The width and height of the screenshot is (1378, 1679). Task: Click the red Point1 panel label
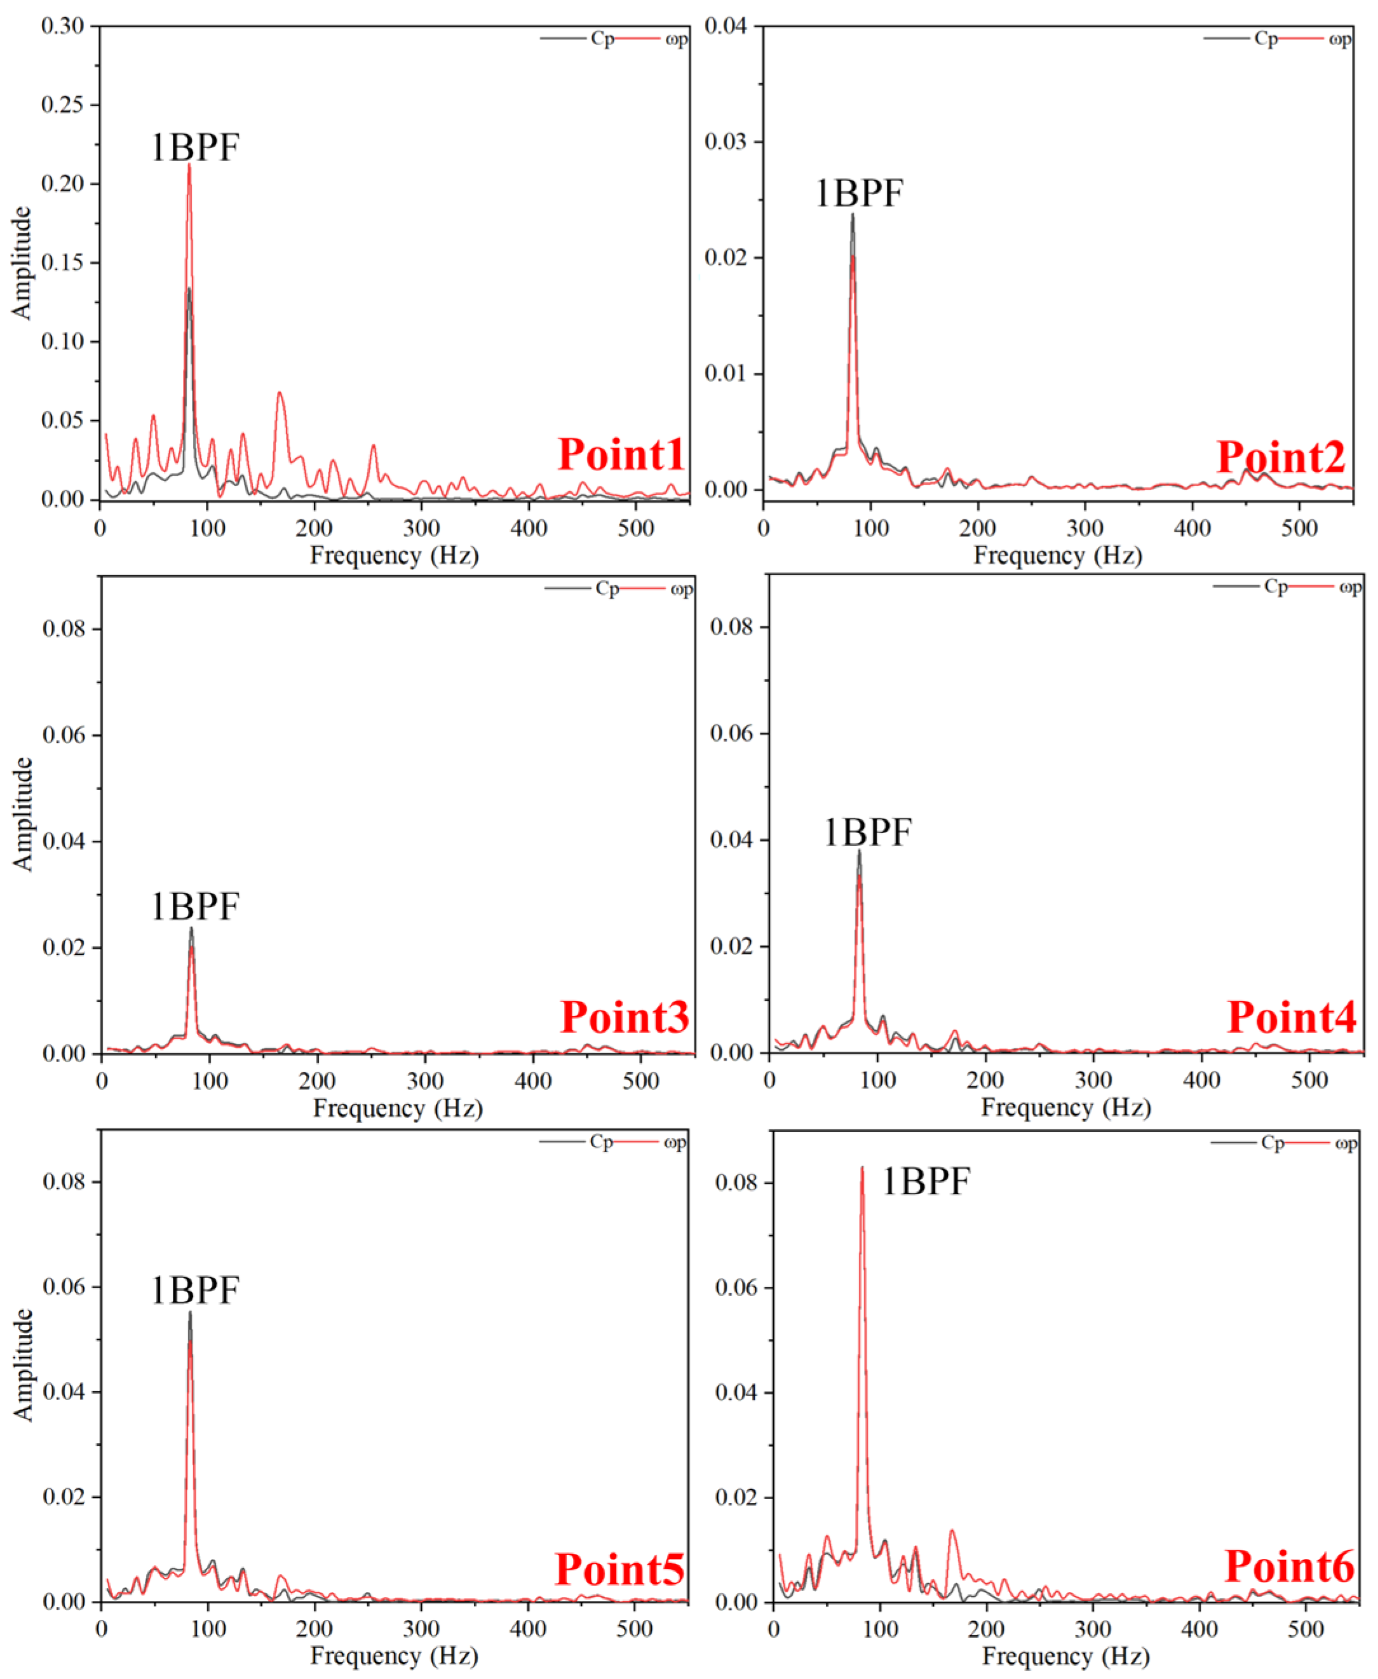click(620, 454)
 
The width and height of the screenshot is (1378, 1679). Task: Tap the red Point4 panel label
click(1291, 1017)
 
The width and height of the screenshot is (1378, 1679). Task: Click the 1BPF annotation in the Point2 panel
click(859, 193)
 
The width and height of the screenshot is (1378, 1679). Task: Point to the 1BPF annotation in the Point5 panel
click(194, 1290)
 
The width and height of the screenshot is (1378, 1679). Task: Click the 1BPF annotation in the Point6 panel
click(926, 1181)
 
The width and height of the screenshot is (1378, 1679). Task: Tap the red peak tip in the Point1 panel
click(189, 165)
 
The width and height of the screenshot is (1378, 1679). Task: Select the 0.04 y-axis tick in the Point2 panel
click(726, 26)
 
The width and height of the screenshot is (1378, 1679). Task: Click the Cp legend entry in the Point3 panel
click(607, 588)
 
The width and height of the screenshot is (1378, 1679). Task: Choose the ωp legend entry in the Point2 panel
click(1340, 39)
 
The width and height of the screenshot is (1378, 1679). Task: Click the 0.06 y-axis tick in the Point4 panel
click(731, 733)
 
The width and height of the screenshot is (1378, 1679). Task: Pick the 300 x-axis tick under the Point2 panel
click(1085, 528)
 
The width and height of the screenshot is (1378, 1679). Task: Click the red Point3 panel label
click(624, 1017)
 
